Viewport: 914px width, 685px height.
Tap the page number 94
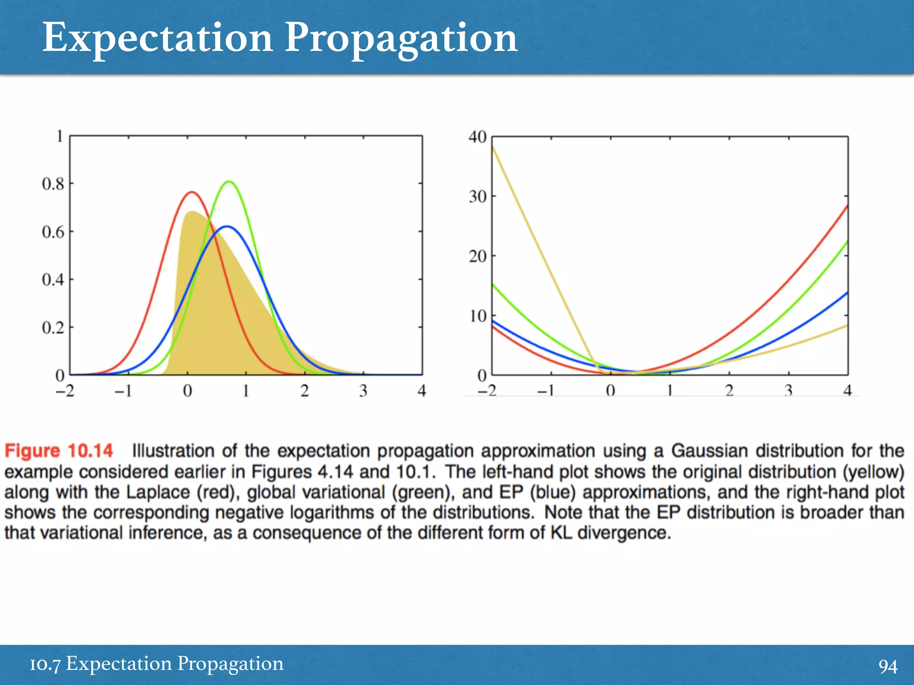tap(887, 666)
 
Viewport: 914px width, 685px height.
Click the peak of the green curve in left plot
tap(228, 182)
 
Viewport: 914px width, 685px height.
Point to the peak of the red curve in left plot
tap(192, 192)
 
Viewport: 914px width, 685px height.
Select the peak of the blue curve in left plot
tap(227, 227)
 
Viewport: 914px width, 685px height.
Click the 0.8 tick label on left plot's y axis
tap(53, 184)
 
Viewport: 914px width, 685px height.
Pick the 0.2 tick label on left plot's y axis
tap(53, 328)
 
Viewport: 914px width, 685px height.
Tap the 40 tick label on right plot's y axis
tap(477, 137)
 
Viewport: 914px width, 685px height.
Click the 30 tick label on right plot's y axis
tap(477, 197)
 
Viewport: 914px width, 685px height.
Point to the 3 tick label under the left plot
tap(363, 391)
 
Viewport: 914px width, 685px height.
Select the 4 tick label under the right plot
tap(848, 391)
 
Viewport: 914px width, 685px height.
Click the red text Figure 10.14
tap(58, 451)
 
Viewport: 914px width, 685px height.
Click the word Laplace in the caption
tap(158, 492)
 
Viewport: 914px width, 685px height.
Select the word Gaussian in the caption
tap(709, 451)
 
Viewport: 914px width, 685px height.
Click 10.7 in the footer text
tap(45, 664)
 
